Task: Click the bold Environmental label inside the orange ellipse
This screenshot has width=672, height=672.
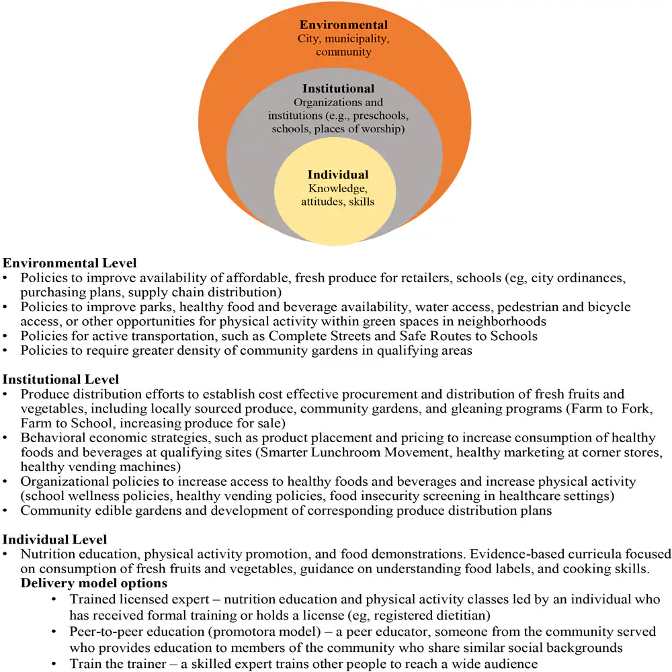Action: pyautogui.click(x=343, y=26)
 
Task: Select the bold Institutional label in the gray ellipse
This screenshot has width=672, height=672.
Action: pyautogui.click(x=338, y=89)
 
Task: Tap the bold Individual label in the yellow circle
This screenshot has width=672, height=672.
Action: pyautogui.click(x=338, y=175)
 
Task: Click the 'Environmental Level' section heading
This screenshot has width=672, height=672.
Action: pyautogui.click(x=70, y=263)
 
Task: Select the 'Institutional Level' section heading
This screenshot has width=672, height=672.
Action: pyautogui.click(x=61, y=380)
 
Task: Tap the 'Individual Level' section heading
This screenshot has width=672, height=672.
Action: pyautogui.click(x=54, y=539)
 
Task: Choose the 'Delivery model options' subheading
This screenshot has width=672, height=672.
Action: pyautogui.click(x=94, y=583)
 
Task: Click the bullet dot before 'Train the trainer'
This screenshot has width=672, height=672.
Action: pyautogui.click(x=54, y=664)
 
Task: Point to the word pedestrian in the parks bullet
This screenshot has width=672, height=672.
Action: pyautogui.click(x=528, y=307)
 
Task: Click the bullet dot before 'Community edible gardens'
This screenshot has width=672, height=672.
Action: pyautogui.click(x=6, y=511)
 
